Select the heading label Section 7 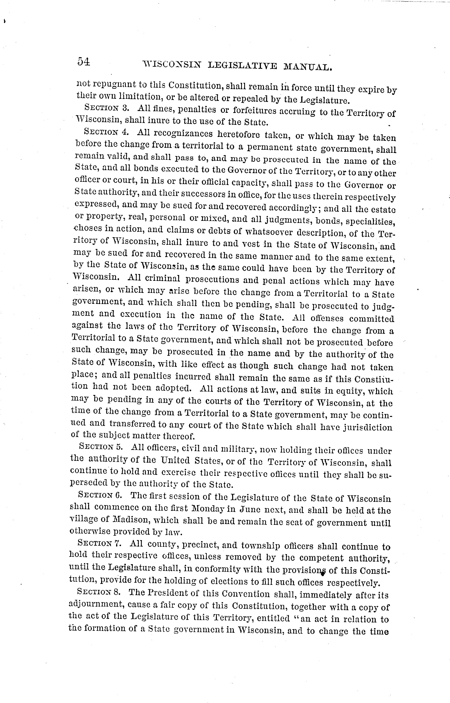pyautogui.click(x=99, y=543)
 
